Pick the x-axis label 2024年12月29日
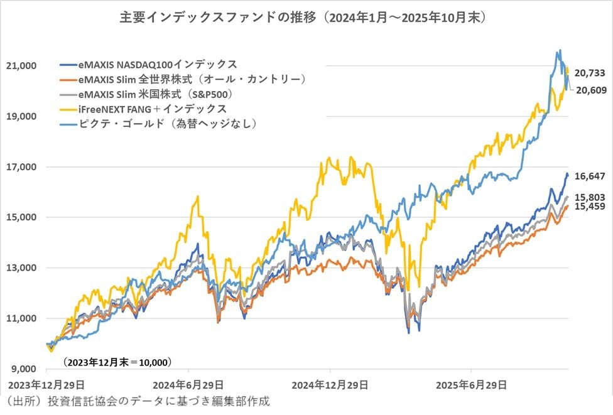[330, 384]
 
